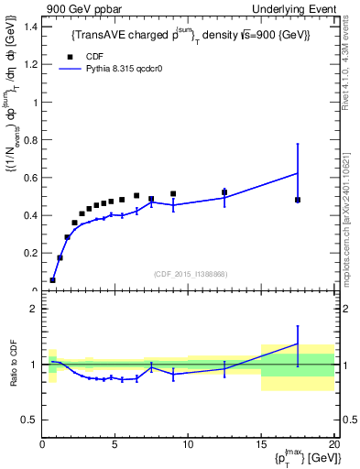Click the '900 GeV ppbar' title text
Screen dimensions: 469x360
[x=80, y=8]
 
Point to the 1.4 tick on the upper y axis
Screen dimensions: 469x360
[x=30, y=27]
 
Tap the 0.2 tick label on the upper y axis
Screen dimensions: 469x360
[x=30, y=253]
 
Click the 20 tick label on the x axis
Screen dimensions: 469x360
[x=333, y=446]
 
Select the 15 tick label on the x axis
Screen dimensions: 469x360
[x=260, y=446]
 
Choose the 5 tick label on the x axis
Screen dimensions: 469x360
[x=115, y=446]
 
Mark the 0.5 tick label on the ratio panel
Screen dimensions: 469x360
[x=30, y=420]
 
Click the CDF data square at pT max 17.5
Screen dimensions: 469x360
[x=298, y=200]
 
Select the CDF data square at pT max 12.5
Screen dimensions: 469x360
[x=224, y=192]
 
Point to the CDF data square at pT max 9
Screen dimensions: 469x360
[x=173, y=194]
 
